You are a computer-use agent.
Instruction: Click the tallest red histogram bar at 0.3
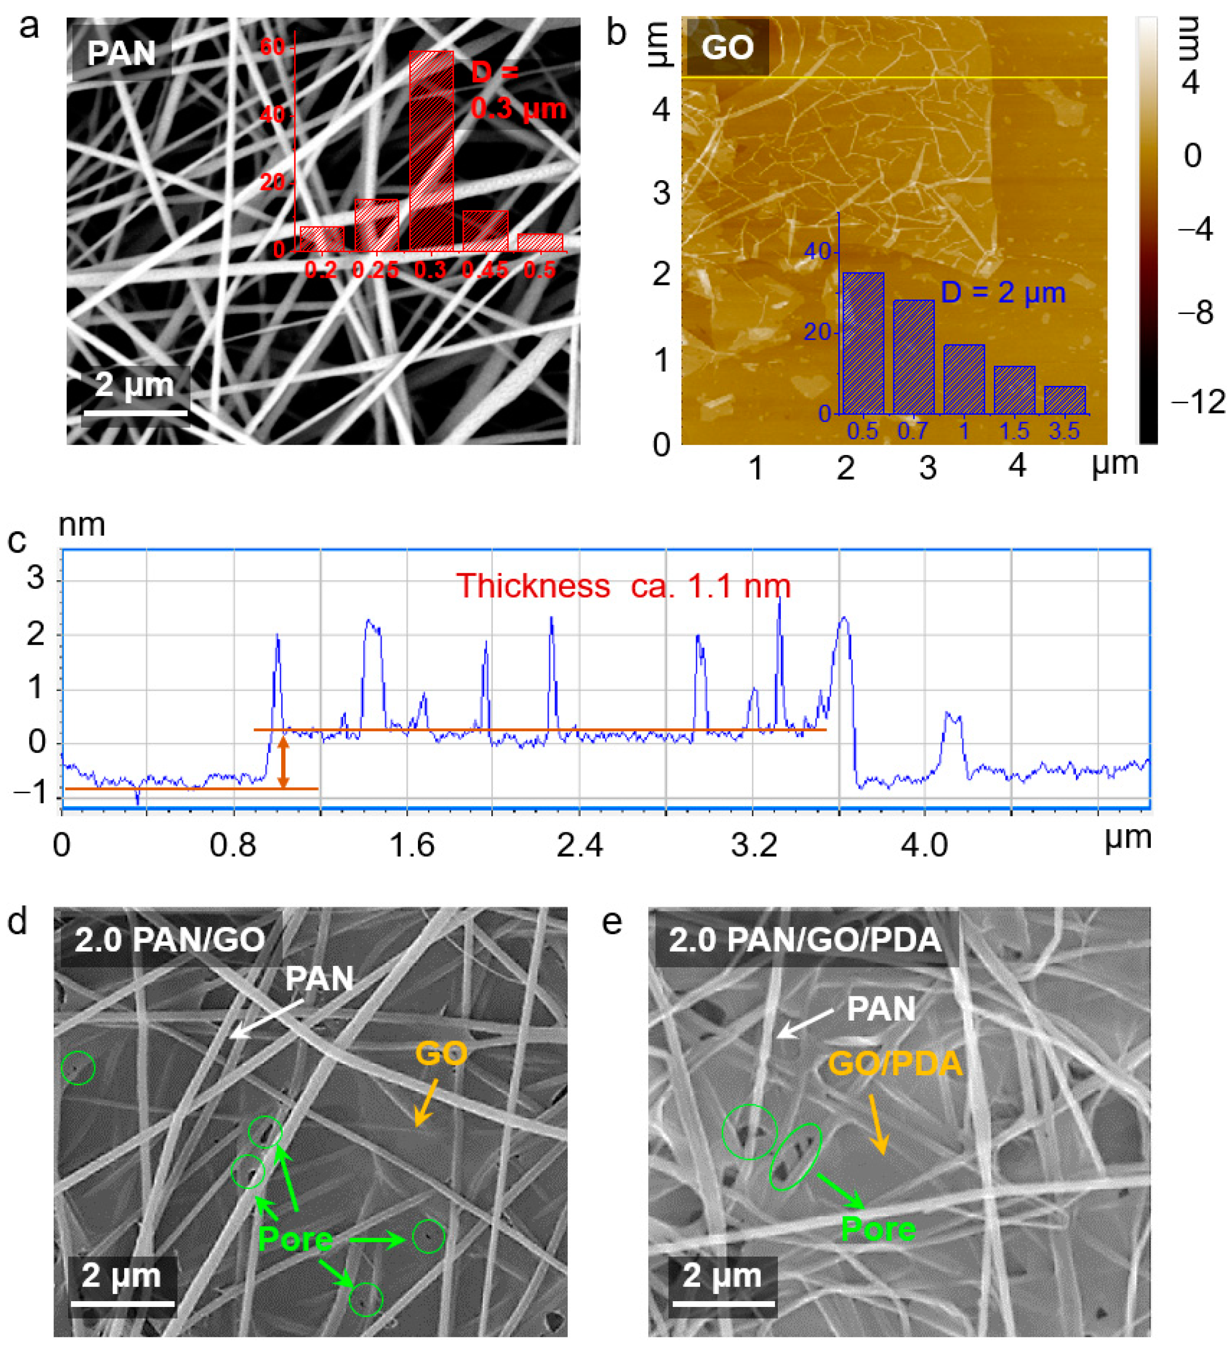(431, 151)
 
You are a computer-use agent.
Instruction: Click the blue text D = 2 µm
(1002, 292)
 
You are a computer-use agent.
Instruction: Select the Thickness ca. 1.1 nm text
(623, 586)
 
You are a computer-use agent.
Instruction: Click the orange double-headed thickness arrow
(283, 762)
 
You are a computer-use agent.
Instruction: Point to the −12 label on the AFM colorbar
(1198, 401)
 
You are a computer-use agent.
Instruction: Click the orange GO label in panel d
(441, 1054)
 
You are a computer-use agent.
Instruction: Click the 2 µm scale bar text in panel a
(134, 385)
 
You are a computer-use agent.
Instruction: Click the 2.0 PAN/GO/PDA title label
(805, 939)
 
